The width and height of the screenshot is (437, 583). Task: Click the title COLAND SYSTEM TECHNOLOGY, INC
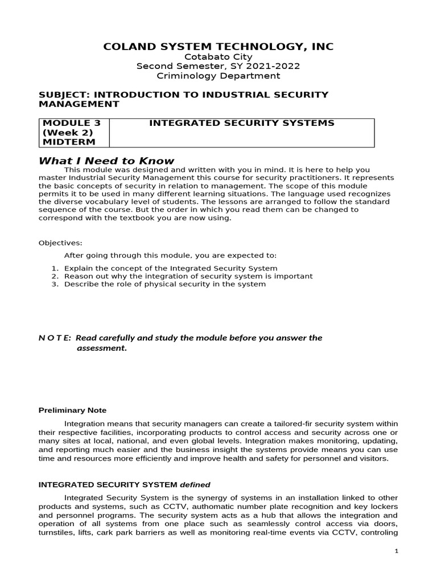point(218,46)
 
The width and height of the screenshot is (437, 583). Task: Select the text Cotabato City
point(218,56)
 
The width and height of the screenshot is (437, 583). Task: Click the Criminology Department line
point(218,76)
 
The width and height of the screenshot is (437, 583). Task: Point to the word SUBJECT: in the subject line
point(63,94)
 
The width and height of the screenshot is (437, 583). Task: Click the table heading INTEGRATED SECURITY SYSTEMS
point(241,123)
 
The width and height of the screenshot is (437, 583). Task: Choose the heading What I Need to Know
point(106,161)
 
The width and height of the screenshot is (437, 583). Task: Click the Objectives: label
point(60,243)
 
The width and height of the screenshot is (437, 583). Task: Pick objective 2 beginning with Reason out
point(188,276)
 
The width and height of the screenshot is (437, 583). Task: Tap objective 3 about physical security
point(164,284)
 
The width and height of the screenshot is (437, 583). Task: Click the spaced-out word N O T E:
point(55,338)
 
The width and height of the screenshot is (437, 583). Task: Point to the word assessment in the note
point(101,348)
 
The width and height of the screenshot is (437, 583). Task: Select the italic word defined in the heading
point(195,485)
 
